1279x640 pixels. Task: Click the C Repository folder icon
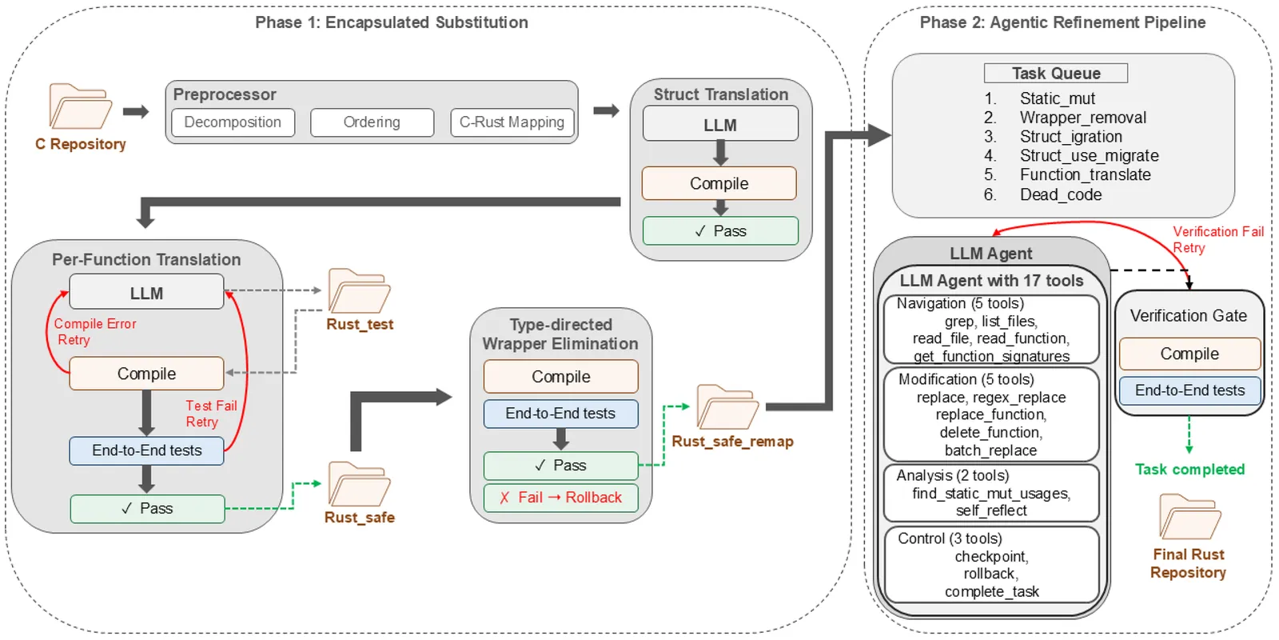point(80,106)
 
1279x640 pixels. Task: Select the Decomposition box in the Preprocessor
point(233,122)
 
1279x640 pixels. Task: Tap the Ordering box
point(372,122)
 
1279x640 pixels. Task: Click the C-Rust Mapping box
point(512,122)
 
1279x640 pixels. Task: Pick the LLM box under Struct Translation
point(720,125)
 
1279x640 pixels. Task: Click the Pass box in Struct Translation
point(720,231)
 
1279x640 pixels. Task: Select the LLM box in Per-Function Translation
point(146,293)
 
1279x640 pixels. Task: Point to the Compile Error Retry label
point(95,331)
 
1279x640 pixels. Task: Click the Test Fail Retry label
point(211,414)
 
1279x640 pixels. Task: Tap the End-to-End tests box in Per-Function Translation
point(146,450)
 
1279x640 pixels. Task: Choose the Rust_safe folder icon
point(359,485)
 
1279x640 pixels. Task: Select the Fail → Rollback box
point(560,498)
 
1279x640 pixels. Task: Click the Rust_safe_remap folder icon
point(727,407)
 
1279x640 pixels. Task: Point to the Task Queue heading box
point(1055,74)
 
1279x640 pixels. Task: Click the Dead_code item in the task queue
point(1060,194)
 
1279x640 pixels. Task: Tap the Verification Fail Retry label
point(1217,239)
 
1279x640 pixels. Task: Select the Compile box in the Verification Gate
point(1189,354)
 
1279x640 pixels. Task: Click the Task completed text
point(1189,470)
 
